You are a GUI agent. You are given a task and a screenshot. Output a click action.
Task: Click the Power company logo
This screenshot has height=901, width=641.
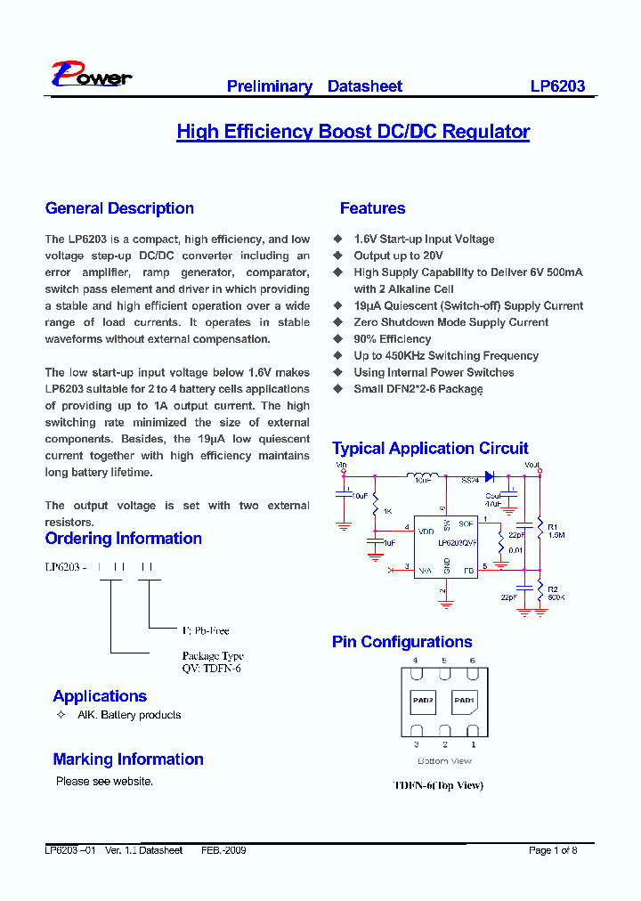pyautogui.click(x=91, y=77)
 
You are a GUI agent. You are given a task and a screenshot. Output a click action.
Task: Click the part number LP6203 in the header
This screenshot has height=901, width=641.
pyautogui.click(x=557, y=86)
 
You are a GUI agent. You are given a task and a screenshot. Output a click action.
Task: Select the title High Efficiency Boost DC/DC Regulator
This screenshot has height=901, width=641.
pyautogui.click(x=353, y=132)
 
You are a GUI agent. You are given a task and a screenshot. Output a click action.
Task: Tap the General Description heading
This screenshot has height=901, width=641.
pyautogui.click(x=119, y=208)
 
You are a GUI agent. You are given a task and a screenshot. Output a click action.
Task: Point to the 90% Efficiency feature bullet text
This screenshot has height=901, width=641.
pyautogui.click(x=392, y=339)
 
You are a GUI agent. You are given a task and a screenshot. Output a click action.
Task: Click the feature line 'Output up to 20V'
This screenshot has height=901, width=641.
pyautogui.click(x=398, y=256)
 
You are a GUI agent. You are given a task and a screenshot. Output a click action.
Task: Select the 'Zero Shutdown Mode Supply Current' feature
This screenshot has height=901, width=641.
pyautogui.click(x=450, y=322)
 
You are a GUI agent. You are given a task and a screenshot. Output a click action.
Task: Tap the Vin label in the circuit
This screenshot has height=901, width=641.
pyautogui.click(x=341, y=465)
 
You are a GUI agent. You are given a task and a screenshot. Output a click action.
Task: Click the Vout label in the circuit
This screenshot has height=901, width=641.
pyautogui.click(x=532, y=465)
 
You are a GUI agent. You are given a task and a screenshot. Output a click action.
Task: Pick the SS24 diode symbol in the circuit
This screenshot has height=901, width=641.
pyautogui.click(x=489, y=476)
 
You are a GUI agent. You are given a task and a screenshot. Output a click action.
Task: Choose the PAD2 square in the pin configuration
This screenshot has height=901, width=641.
pyautogui.click(x=423, y=701)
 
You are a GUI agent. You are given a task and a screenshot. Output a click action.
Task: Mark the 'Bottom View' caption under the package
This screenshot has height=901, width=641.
pyautogui.click(x=444, y=761)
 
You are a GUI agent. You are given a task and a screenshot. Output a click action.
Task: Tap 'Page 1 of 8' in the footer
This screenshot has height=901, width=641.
pyautogui.click(x=553, y=850)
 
